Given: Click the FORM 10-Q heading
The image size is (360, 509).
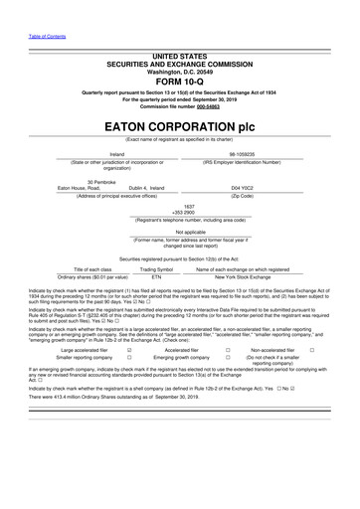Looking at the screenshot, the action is (x=179, y=83).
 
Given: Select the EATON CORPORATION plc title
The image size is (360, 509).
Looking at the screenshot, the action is (x=179, y=128).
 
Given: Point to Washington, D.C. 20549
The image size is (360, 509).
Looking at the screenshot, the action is (x=179, y=71).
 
